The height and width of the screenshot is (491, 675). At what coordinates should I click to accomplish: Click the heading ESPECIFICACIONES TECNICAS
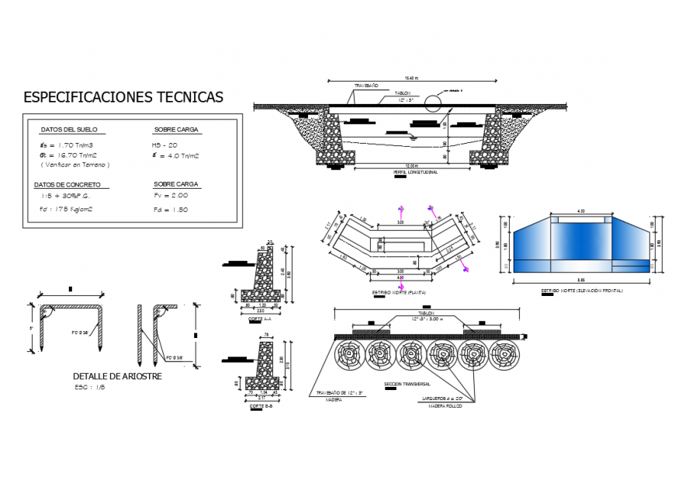coord(123,97)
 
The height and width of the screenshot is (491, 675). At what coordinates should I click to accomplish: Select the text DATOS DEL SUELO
coord(68,130)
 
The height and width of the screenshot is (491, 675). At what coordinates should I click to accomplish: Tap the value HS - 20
coord(165,145)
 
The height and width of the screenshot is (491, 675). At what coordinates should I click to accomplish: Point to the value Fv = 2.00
coord(170,196)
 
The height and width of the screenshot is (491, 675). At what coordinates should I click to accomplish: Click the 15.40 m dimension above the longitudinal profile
coord(411,78)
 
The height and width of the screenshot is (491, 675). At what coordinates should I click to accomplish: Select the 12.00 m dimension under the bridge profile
coord(411,166)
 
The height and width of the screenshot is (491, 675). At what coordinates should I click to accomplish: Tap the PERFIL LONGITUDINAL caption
coord(411,172)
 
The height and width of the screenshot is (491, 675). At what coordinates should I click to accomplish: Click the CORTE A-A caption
coord(258,319)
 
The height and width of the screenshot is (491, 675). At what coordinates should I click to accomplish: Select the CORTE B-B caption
coord(260,406)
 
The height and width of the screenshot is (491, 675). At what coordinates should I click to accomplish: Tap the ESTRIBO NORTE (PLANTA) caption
coord(399,292)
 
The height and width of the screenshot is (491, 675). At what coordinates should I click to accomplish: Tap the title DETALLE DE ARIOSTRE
coord(117,377)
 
